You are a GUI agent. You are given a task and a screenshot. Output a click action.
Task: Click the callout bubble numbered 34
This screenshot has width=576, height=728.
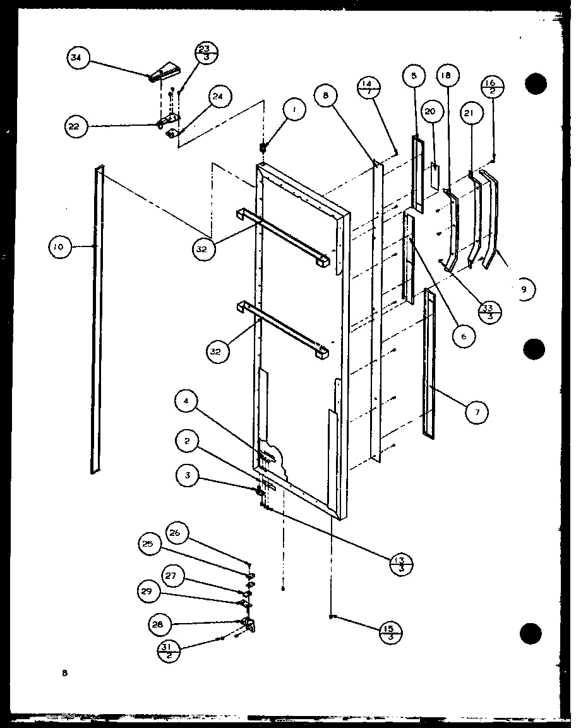76,59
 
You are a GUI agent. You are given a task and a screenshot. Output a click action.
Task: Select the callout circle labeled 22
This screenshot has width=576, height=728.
74,126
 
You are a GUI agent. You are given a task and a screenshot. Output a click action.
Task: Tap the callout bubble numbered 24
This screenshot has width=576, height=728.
219,97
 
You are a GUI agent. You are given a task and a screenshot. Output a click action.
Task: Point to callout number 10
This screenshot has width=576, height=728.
59,247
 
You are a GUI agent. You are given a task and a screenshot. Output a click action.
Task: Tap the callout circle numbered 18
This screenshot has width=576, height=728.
446,76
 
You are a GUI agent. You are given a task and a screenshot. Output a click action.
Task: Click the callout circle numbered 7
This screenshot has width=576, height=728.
477,413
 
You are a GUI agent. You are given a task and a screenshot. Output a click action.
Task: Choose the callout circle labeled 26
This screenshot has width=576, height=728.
175,533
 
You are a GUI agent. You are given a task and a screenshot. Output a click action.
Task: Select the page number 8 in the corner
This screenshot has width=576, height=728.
64,674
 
